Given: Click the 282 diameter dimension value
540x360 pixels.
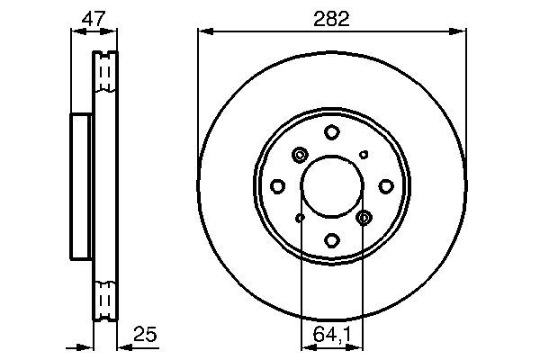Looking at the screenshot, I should tap(332, 18).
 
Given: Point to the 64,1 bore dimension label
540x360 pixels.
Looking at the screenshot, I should tap(332, 335).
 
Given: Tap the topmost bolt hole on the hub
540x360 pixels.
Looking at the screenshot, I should tap(332, 132).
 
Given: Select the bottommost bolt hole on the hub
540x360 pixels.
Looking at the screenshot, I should tap(332, 240).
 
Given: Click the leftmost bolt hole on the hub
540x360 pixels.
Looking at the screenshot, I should tap(278, 186).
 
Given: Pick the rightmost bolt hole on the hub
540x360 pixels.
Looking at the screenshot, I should tap(386, 186).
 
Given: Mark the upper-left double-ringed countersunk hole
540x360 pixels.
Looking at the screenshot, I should tap(300, 156).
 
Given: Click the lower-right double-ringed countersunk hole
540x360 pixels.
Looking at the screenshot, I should tap(364, 218).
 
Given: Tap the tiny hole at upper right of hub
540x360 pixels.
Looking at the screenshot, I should tap(364, 155).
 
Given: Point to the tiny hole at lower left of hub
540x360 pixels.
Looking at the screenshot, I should tap(301, 218).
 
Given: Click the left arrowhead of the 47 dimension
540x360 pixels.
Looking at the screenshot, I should tap(75, 32).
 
